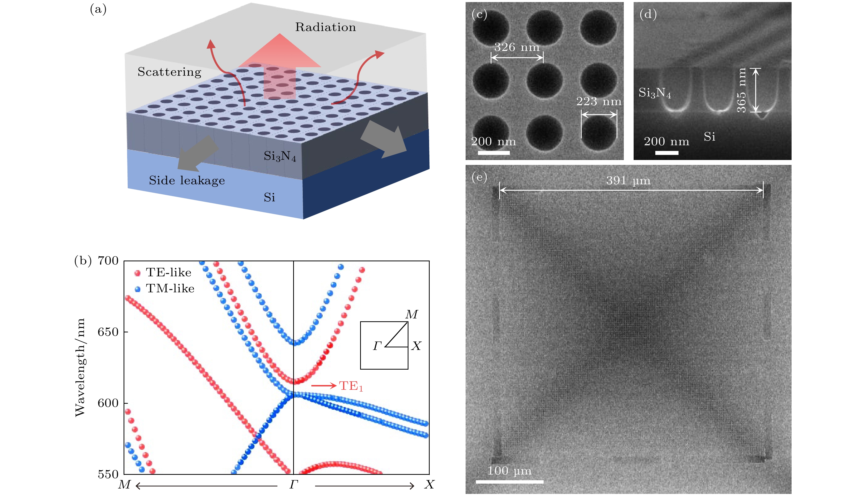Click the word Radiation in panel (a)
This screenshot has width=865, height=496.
coord(325,27)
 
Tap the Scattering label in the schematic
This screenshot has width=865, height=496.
coord(169,72)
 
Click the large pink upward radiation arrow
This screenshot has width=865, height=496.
coord(279,65)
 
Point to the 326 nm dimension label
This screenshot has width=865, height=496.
coord(517,47)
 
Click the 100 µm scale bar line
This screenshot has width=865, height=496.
coord(509,482)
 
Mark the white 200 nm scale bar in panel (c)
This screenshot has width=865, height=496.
coord(494,152)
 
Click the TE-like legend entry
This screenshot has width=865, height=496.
coord(163,272)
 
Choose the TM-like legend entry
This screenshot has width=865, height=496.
coord(165,288)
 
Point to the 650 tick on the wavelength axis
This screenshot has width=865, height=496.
coord(108,332)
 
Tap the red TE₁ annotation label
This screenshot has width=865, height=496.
coord(351,386)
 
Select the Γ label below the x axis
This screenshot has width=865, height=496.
coord(294,484)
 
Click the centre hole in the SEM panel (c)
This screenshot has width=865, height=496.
coord(545,80)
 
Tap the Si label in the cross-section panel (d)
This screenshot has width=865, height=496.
coord(710,137)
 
